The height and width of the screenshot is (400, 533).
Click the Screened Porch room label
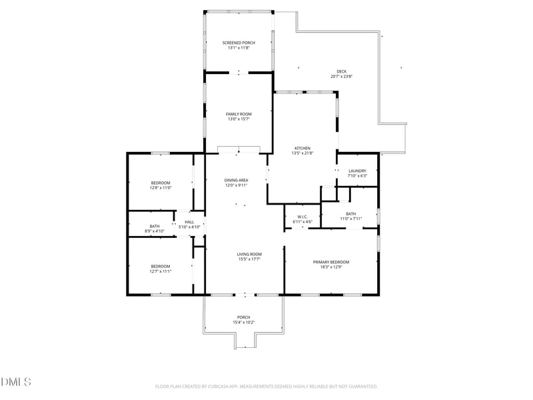point(239,43)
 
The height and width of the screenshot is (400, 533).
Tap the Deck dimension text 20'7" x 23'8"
point(341,77)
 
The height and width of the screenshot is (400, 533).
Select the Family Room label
point(239,114)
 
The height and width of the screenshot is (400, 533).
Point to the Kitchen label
point(303,148)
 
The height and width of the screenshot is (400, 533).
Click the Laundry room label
point(357,171)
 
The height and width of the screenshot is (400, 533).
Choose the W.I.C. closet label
point(302,216)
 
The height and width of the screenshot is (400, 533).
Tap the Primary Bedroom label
point(331,262)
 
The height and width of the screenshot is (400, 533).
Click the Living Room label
point(249,254)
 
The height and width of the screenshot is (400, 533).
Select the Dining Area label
point(236,180)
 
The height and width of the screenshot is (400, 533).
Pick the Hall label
point(189,221)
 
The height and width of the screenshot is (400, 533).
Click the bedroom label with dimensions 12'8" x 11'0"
point(161,183)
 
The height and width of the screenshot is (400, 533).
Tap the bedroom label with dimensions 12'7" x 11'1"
point(161,266)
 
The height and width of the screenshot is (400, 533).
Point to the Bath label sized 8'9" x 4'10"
point(155,226)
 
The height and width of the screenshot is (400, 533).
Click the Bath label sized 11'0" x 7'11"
point(350,214)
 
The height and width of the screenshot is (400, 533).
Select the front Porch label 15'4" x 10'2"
point(244,317)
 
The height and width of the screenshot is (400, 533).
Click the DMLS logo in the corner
point(16,382)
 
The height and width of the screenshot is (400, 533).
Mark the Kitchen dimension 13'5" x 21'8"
point(303,153)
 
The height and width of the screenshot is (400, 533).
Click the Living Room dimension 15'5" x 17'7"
point(249,259)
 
